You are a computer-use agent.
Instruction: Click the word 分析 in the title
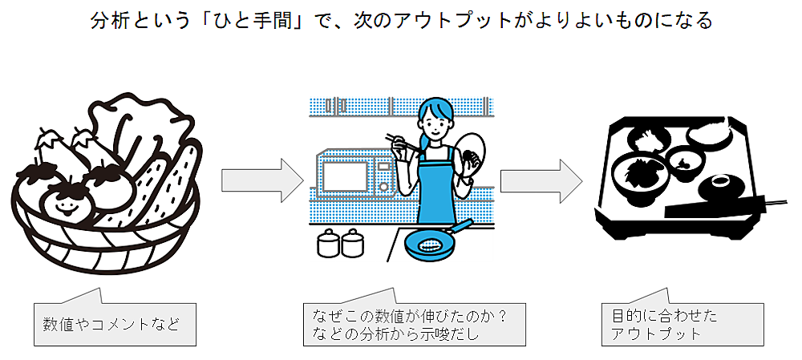pyautogui.click(x=110, y=21)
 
